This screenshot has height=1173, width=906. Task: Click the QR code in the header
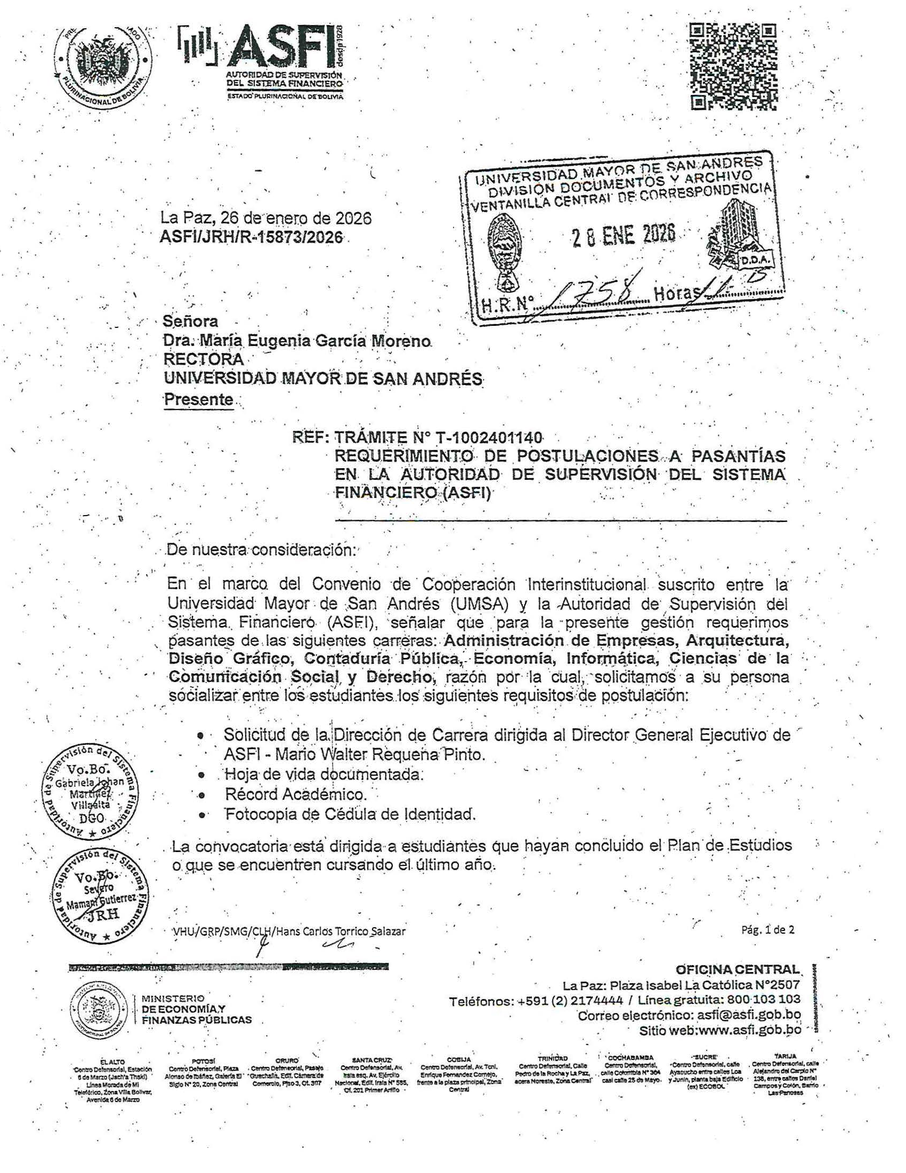(x=733, y=66)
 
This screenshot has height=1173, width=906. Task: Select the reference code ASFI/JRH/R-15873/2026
(x=251, y=237)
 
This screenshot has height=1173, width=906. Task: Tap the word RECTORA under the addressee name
(x=204, y=359)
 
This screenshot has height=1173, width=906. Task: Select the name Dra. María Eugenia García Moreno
(x=297, y=341)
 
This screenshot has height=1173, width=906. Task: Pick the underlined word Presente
(x=198, y=399)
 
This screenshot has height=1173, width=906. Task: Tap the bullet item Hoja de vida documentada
(x=323, y=774)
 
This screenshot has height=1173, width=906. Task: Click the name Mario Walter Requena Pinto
(x=380, y=754)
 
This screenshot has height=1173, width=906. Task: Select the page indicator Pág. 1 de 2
(x=767, y=930)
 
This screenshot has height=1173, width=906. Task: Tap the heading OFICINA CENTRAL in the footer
(x=738, y=969)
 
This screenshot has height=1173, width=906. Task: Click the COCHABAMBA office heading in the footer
(x=630, y=1057)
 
